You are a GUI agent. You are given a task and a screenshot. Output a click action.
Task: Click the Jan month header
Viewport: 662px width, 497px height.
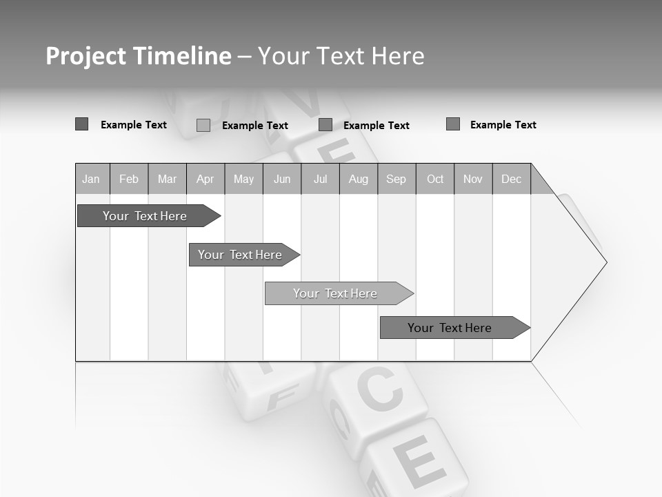click(x=91, y=179)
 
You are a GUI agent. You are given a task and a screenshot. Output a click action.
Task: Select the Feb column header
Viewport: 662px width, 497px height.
click(x=129, y=179)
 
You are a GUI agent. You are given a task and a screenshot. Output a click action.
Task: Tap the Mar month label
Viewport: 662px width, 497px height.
click(x=167, y=179)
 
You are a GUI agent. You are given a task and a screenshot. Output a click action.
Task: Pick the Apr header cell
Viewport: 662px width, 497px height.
click(x=205, y=179)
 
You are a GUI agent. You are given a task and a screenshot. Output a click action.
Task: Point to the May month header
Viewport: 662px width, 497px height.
click(x=243, y=179)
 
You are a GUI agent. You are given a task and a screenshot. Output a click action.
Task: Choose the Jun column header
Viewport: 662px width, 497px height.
click(x=282, y=179)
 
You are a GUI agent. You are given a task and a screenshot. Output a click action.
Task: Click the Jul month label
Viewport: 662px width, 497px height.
click(x=320, y=179)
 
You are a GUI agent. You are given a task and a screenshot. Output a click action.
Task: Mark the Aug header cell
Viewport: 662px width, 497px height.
click(x=359, y=179)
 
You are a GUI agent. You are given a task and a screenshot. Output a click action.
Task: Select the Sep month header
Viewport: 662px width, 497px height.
click(x=396, y=179)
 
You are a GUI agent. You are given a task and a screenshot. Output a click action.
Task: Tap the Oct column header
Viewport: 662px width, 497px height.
click(x=435, y=179)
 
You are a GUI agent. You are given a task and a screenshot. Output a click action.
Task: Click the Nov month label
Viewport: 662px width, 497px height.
click(x=473, y=179)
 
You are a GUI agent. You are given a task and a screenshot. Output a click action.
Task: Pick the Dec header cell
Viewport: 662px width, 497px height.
click(x=511, y=179)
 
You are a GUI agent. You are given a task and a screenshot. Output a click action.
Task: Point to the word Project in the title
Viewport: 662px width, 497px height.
click(x=85, y=56)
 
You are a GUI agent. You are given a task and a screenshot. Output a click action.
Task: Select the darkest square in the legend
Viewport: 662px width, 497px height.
click(x=81, y=124)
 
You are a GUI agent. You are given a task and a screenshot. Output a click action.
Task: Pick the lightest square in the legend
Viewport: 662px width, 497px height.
click(x=203, y=125)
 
